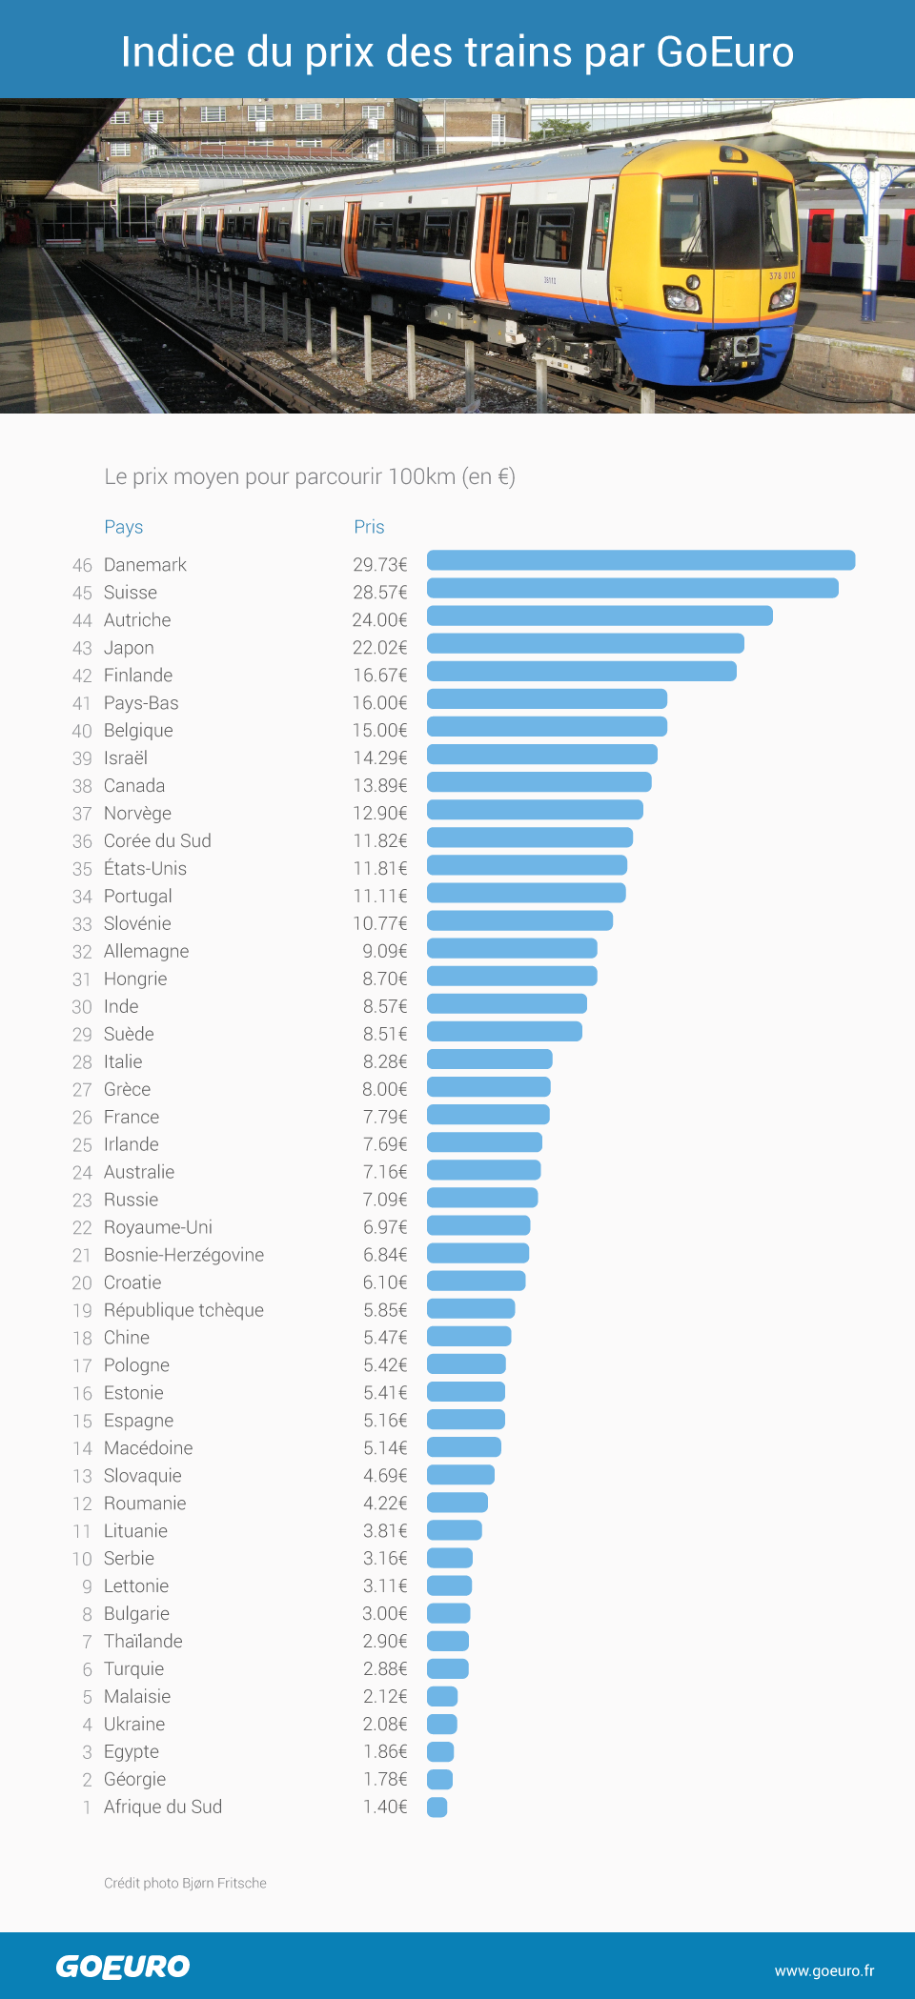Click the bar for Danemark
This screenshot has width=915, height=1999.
click(640, 560)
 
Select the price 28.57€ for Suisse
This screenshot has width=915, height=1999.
click(379, 593)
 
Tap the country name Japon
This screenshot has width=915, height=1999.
click(129, 648)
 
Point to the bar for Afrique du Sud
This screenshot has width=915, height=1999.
click(437, 1807)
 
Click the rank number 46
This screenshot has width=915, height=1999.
click(82, 565)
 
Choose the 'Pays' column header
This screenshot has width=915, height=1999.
click(123, 527)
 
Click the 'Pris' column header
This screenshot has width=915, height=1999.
click(369, 527)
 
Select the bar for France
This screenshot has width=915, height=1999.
click(488, 1115)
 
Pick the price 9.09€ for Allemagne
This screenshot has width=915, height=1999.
click(385, 951)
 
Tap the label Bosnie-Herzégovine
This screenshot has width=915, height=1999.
click(184, 1255)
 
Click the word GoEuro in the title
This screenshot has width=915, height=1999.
click(724, 52)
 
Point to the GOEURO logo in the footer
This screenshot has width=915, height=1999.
click(123, 1967)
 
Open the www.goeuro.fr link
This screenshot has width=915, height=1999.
click(824, 1970)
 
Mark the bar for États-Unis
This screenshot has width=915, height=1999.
click(527, 865)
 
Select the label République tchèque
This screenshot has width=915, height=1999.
click(184, 1310)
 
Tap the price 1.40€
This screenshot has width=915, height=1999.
click(385, 1807)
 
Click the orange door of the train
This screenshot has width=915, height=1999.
click(492, 248)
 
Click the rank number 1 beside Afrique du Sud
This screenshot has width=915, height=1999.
click(87, 1807)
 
